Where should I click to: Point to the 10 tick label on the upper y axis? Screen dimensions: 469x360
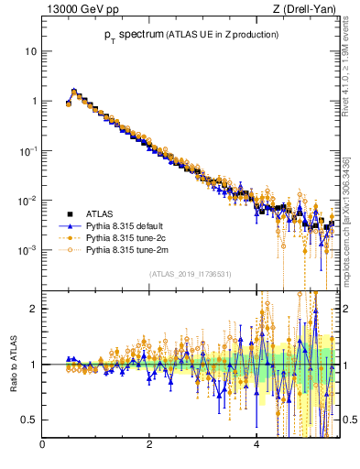click(31, 51)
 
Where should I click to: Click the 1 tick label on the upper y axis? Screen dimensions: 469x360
click(34, 101)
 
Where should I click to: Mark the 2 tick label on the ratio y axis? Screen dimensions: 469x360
click(34, 309)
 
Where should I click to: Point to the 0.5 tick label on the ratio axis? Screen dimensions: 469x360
click(30, 420)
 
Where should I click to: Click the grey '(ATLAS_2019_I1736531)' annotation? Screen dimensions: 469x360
click(190, 274)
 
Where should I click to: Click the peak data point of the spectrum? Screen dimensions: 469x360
click(74, 91)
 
